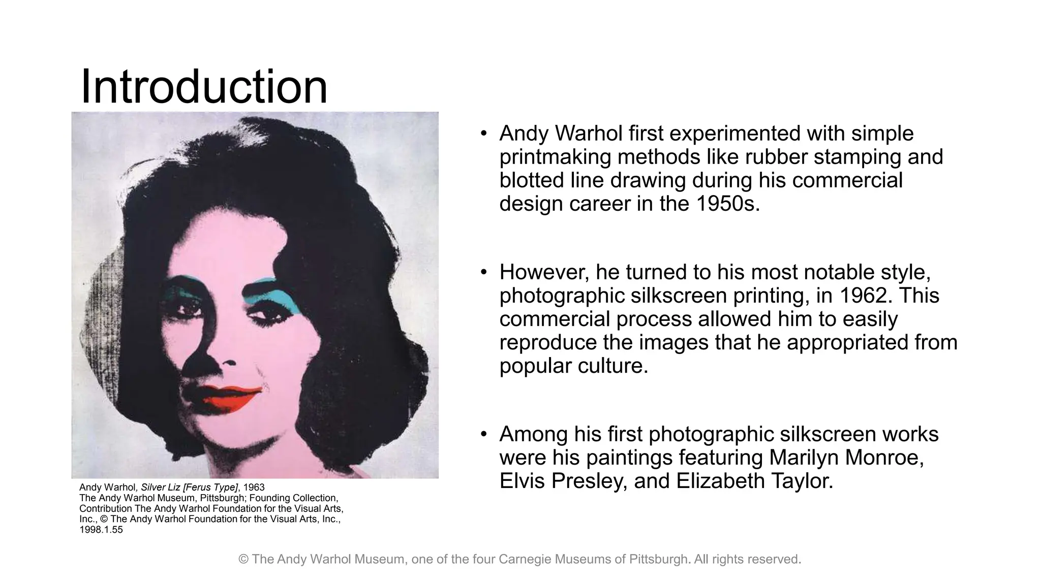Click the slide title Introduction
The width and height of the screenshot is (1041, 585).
click(x=204, y=87)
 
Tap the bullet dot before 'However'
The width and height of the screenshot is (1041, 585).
click(x=484, y=273)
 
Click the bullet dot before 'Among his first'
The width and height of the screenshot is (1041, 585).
click(x=484, y=435)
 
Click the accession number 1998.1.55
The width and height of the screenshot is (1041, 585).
click(x=101, y=530)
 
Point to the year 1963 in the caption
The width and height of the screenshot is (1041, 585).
click(x=254, y=487)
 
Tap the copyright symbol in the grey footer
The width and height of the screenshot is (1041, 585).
click(x=243, y=559)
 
